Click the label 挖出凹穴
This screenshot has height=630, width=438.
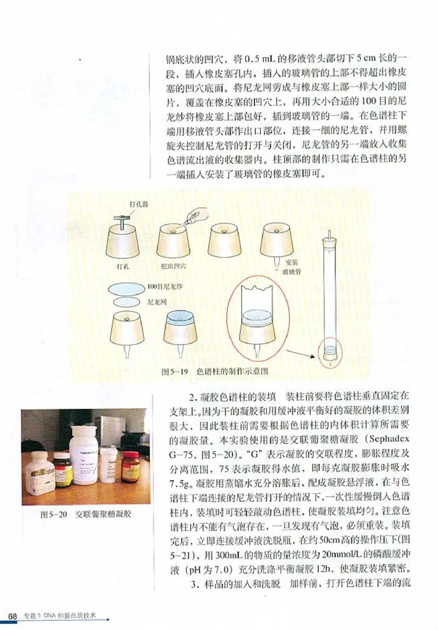point(174,267)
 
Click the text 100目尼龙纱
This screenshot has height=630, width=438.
point(164,287)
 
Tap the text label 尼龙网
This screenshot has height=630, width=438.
point(158,302)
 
